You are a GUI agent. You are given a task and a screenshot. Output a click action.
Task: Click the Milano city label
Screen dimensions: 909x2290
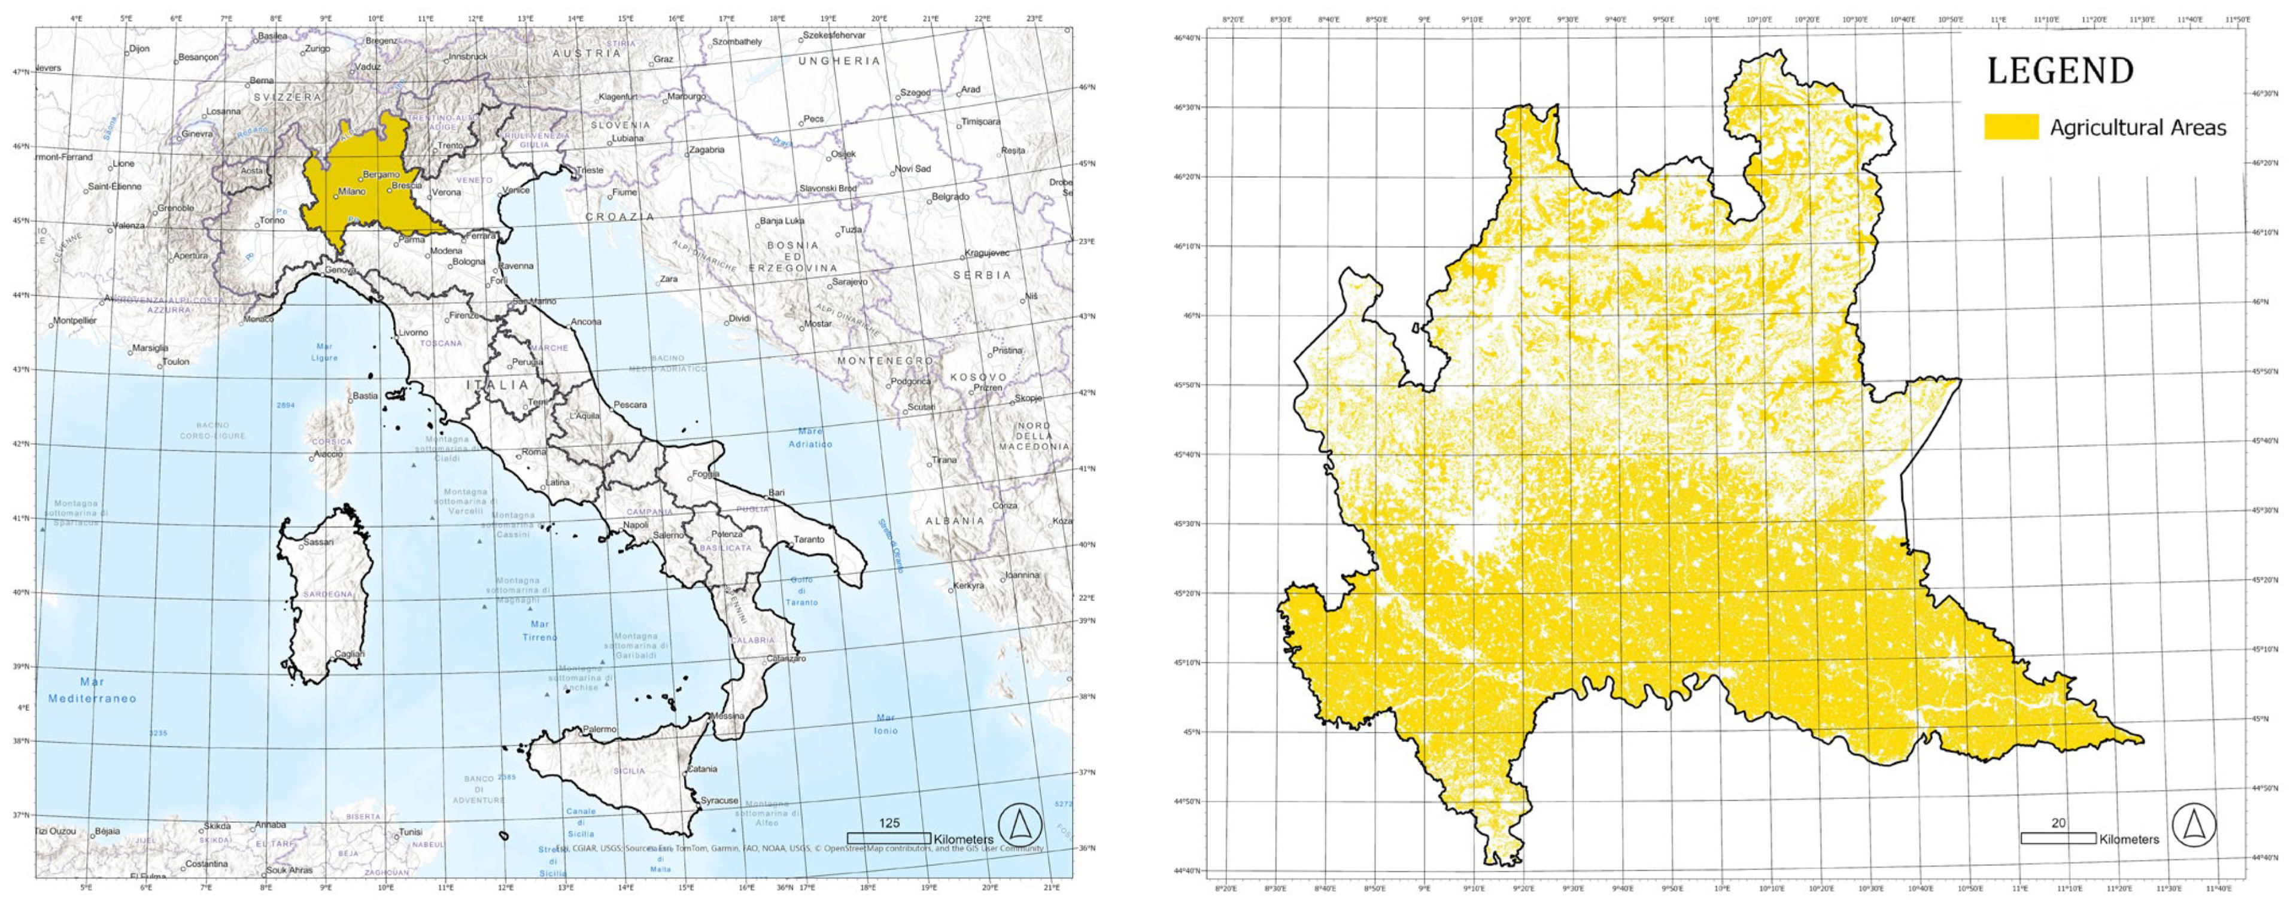352,191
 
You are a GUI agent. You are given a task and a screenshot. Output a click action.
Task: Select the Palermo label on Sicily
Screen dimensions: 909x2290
599,729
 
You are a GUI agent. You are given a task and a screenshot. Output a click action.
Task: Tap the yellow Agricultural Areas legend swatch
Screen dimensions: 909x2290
2011,127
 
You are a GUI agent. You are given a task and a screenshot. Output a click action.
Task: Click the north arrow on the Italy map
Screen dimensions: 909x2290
1020,825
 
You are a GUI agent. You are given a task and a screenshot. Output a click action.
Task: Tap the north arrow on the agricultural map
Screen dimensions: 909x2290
2193,825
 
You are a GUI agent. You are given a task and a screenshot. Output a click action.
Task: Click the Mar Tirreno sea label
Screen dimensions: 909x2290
540,630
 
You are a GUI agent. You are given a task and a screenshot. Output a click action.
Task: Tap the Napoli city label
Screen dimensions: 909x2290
636,524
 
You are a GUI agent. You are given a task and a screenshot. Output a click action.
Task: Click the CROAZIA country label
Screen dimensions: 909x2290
619,217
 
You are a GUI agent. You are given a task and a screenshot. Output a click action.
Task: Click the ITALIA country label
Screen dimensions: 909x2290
498,385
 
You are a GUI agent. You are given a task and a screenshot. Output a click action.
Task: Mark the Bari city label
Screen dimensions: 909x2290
777,492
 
